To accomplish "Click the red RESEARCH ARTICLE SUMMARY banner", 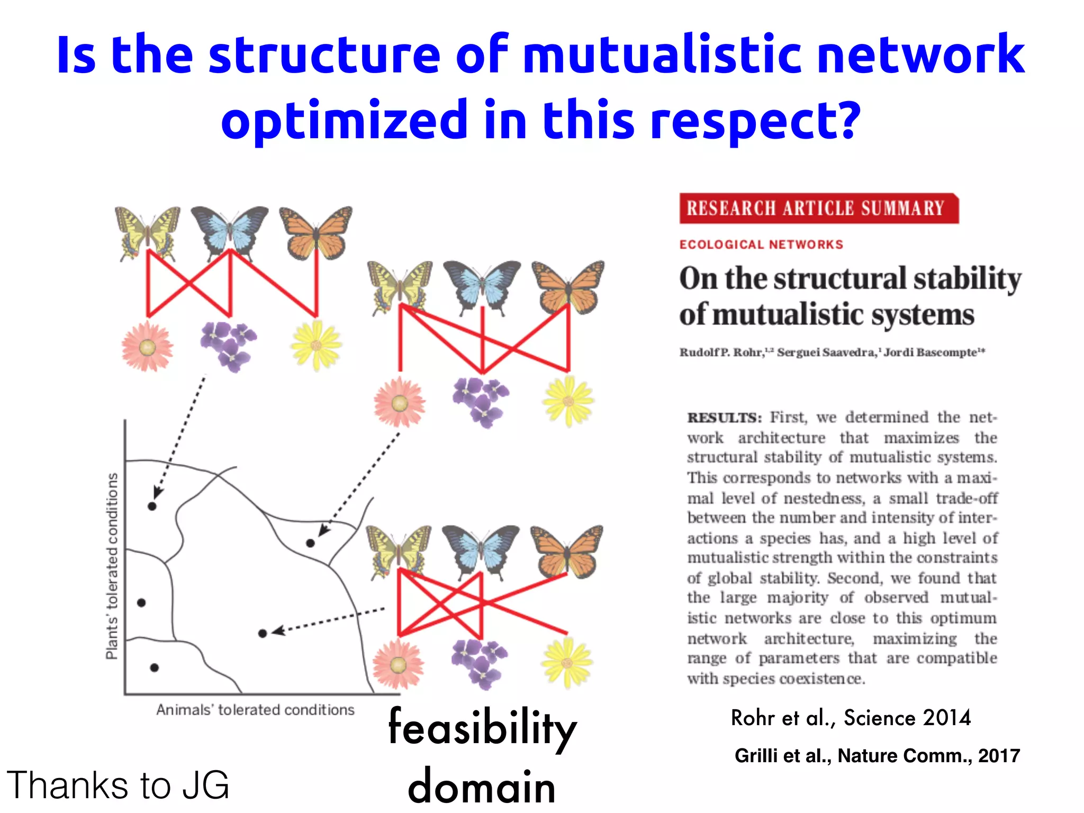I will coord(818,208).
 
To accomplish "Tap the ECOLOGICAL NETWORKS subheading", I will coord(761,245).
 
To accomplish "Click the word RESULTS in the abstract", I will coord(724,418).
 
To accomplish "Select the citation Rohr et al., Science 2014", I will coord(851,718).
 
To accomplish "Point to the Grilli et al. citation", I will coord(877,755).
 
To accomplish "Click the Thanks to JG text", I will coord(118,785).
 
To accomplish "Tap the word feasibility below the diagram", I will coord(482,729).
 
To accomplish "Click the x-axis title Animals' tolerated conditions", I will coord(255,710).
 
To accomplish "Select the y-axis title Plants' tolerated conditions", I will coord(112,566).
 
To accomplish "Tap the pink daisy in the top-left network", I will coord(147,347).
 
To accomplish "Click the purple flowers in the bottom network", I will coord(480,664).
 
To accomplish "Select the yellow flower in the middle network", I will coord(568,401).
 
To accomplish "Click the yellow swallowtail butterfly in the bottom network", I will coord(398,551).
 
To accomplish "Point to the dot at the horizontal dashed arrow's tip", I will coord(263,633).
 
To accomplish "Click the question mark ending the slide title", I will coord(846,120).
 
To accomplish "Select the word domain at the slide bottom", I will coord(482,787).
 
